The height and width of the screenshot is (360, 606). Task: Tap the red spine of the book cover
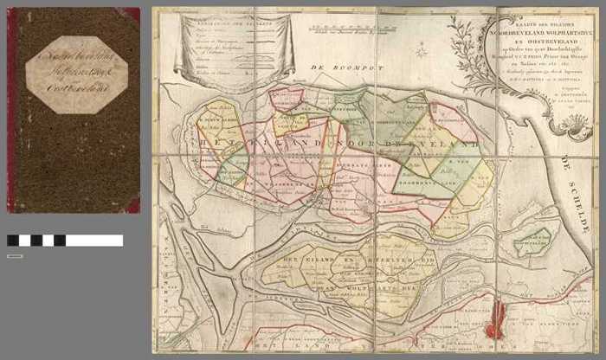11,108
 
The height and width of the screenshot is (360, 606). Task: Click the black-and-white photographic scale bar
64,241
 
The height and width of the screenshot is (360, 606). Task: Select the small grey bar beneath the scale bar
14,256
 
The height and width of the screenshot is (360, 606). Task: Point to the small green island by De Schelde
532,243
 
